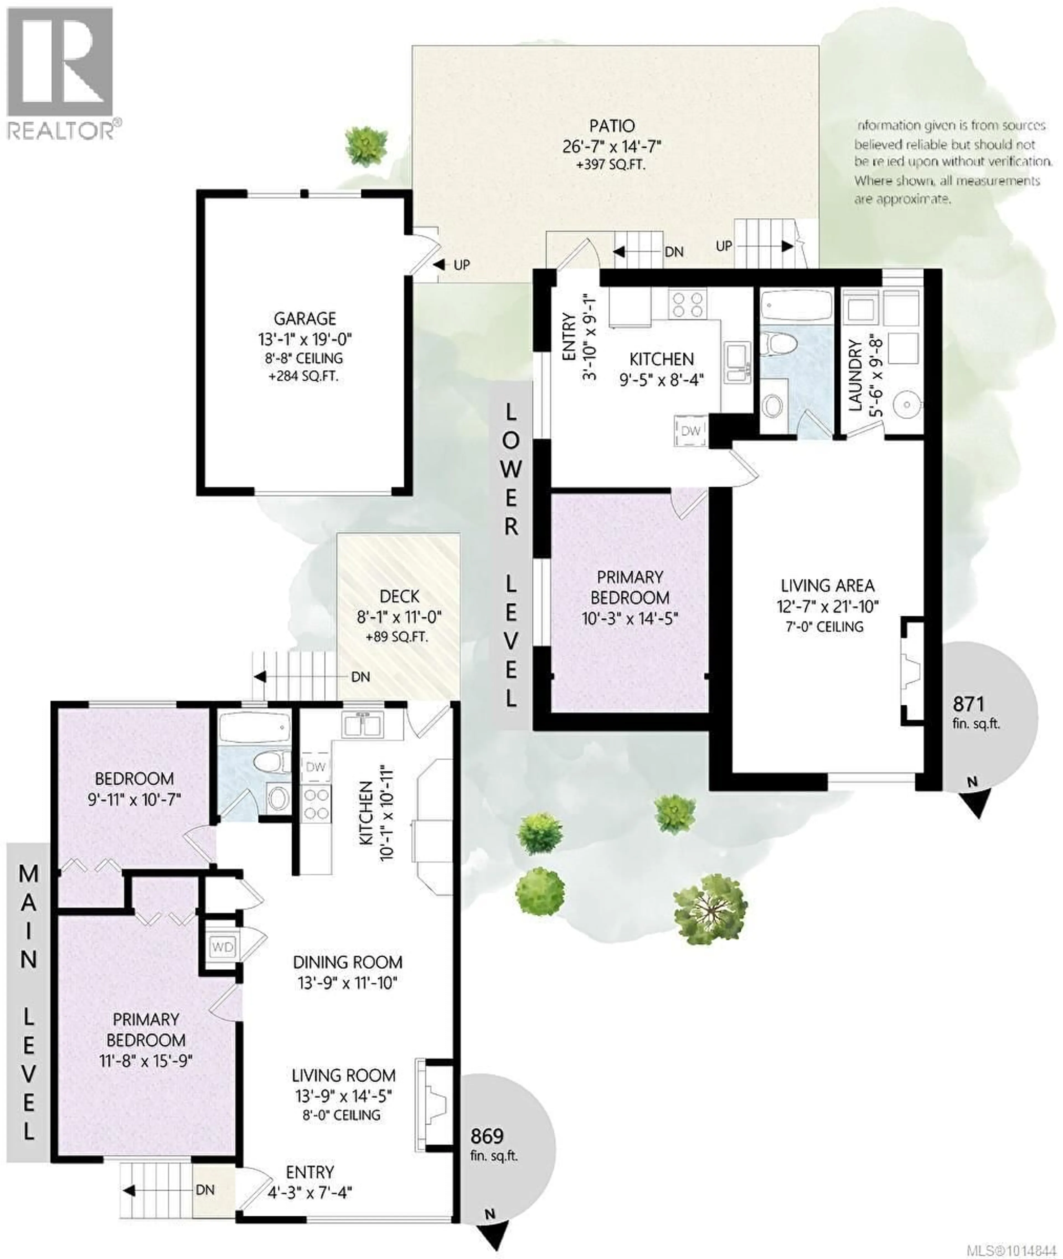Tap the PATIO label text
(x=612, y=126)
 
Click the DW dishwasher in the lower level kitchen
(x=691, y=431)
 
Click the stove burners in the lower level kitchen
(x=688, y=304)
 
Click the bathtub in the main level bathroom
(x=253, y=728)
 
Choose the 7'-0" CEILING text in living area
(x=824, y=627)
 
